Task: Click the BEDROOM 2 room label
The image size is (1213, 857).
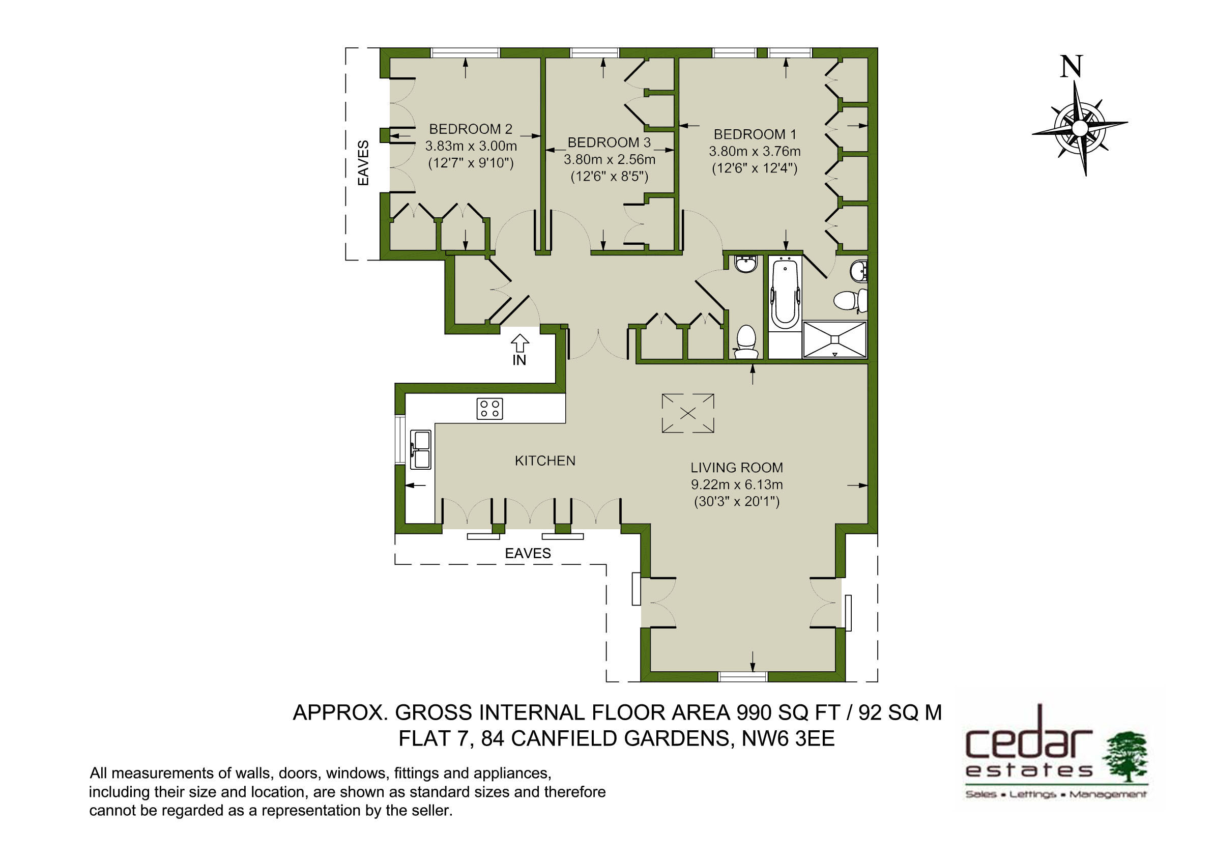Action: (x=470, y=129)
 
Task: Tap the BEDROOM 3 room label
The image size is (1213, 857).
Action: (x=609, y=142)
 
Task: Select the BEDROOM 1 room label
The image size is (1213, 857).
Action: (x=755, y=135)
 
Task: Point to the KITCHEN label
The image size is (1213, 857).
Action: (x=545, y=461)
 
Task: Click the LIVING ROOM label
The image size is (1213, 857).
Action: (x=736, y=468)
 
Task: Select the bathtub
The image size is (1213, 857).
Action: (x=785, y=293)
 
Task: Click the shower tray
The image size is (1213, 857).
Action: (x=835, y=339)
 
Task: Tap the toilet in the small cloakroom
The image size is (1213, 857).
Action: (x=746, y=342)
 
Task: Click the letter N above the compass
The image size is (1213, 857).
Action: (x=1072, y=67)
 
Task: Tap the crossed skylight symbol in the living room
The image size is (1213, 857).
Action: (x=688, y=413)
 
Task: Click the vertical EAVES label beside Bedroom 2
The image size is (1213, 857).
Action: (x=363, y=163)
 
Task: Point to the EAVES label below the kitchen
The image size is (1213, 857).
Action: (x=528, y=553)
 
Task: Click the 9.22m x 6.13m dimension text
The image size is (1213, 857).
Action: (x=736, y=484)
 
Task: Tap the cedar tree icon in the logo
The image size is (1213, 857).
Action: (x=1127, y=757)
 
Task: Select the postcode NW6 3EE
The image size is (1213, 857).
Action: (x=788, y=738)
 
